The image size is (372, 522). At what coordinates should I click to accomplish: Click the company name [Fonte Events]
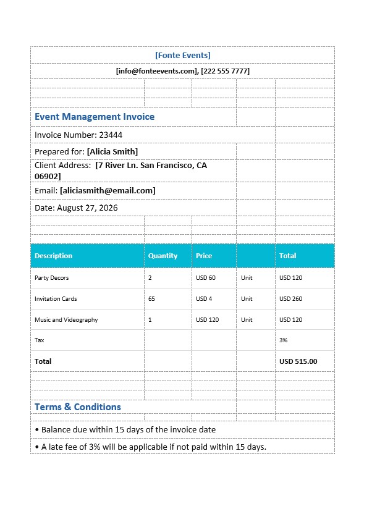(x=182, y=56)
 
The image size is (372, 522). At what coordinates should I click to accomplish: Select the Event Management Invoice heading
(x=95, y=117)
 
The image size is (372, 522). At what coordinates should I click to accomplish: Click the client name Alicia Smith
(x=112, y=151)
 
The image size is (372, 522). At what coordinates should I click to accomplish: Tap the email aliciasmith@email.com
(x=108, y=191)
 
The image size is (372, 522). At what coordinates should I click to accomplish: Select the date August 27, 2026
(x=87, y=208)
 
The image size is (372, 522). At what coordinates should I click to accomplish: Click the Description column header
(x=53, y=256)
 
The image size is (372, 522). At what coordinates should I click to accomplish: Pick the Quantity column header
(x=163, y=256)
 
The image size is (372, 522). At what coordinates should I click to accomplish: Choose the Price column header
(x=204, y=256)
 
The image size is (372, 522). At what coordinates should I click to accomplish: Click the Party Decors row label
(x=51, y=278)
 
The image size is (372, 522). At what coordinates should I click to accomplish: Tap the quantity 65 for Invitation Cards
(x=152, y=299)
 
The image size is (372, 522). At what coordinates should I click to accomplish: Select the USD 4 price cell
(x=204, y=299)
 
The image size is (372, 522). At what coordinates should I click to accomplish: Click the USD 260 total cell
(x=290, y=299)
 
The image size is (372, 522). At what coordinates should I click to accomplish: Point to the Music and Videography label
(x=66, y=320)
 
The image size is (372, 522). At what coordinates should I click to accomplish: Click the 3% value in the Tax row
(x=284, y=340)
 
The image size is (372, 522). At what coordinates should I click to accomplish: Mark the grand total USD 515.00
(x=298, y=361)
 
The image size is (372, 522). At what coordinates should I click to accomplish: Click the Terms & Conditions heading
(x=78, y=407)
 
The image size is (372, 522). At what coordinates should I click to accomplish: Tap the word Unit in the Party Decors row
(x=247, y=278)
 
